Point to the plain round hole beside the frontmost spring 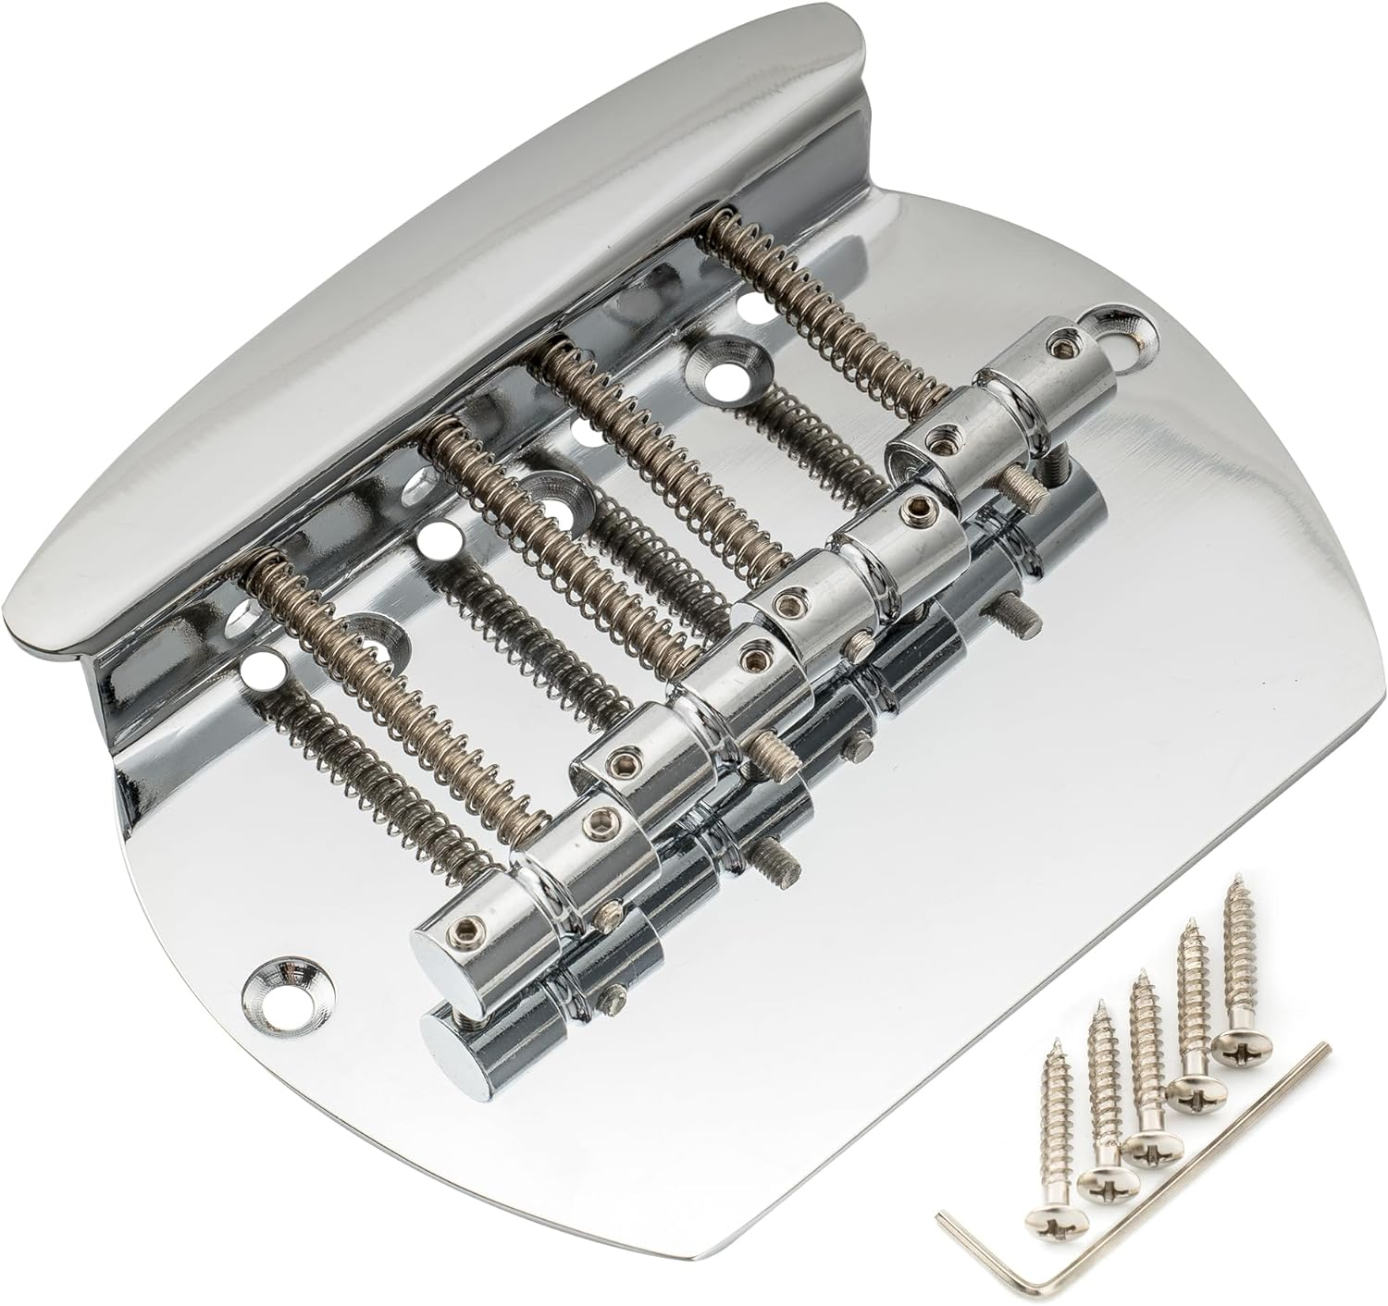259,666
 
